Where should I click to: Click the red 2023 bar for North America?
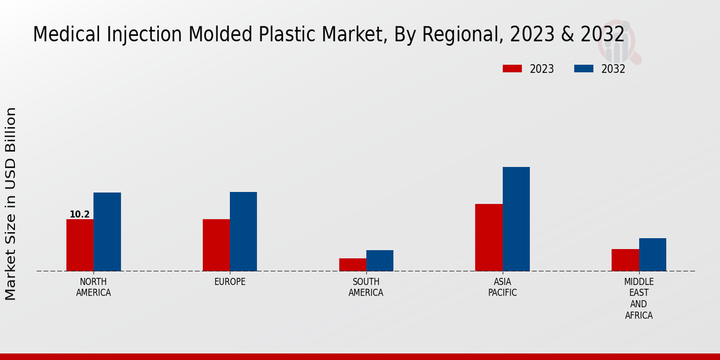tap(80, 245)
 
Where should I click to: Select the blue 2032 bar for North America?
tap(107, 232)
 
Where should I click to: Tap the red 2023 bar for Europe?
tap(216, 245)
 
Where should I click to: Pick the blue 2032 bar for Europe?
tap(243, 232)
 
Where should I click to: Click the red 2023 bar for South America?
tap(352, 265)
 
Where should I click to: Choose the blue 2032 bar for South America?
tap(380, 260)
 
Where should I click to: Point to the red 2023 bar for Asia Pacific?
tap(488, 238)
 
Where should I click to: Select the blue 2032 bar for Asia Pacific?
tap(516, 219)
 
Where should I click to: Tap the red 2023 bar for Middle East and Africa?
tap(625, 260)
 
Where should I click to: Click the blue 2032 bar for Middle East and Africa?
tap(652, 254)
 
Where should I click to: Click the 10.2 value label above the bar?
tap(80, 214)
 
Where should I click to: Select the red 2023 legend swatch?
tap(512, 69)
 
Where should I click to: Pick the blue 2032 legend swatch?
tap(583, 69)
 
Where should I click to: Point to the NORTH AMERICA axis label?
tap(94, 287)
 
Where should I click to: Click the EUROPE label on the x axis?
tap(230, 282)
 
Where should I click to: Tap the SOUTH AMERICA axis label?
tap(366, 287)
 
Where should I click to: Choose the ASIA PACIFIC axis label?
tap(503, 287)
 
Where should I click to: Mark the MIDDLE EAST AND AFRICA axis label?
tap(639, 299)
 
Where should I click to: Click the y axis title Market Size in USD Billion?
tap(11, 204)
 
